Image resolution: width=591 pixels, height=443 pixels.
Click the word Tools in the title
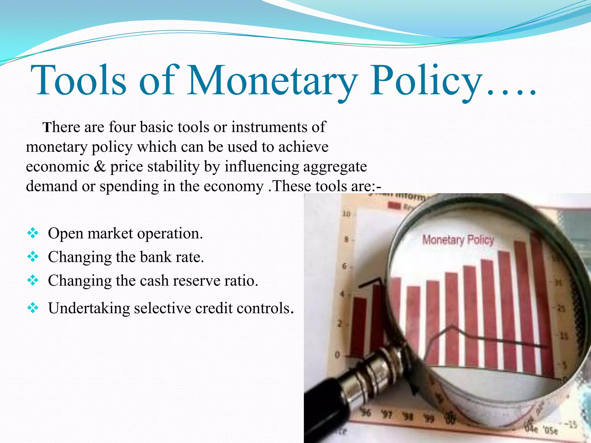pos(78,80)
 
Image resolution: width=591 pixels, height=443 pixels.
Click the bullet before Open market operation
pos(33,233)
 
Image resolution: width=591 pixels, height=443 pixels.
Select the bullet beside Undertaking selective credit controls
pos(33,308)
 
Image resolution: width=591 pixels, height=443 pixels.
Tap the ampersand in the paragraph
pos(100,167)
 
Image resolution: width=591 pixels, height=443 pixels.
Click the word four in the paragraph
pos(122,127)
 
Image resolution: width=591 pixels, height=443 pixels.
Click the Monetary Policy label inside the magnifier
pos(458,240)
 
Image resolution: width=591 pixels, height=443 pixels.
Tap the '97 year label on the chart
pos(386,415)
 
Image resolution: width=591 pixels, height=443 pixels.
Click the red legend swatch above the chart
pos(394,206)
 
